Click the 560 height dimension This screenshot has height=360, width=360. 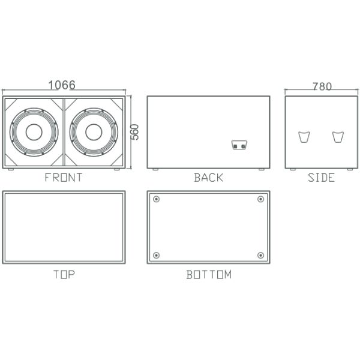point(135,132)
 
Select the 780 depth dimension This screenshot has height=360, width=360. point(322,86)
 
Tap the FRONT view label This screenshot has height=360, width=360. point(64,178)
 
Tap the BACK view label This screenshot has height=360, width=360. point(208,178)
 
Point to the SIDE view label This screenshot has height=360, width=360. point(321,178)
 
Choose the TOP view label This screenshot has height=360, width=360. point(64,275)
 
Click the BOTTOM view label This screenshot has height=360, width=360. point(208,275)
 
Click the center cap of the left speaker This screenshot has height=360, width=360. point(34,132)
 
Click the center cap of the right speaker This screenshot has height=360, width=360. point(94,132)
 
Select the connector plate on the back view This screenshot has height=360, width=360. point(239,145)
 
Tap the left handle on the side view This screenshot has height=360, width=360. point(304,137)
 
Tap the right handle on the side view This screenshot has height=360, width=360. point(338,137)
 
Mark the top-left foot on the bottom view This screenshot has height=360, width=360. point(157,199)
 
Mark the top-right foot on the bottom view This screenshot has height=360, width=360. point(260,199)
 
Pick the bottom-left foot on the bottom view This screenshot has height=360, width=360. point(157,256)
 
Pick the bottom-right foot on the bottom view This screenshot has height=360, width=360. point(260,256)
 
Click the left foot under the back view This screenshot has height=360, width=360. point(155,170)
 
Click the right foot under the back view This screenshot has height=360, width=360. point(262,170)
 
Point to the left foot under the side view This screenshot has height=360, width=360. point(293,170)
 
